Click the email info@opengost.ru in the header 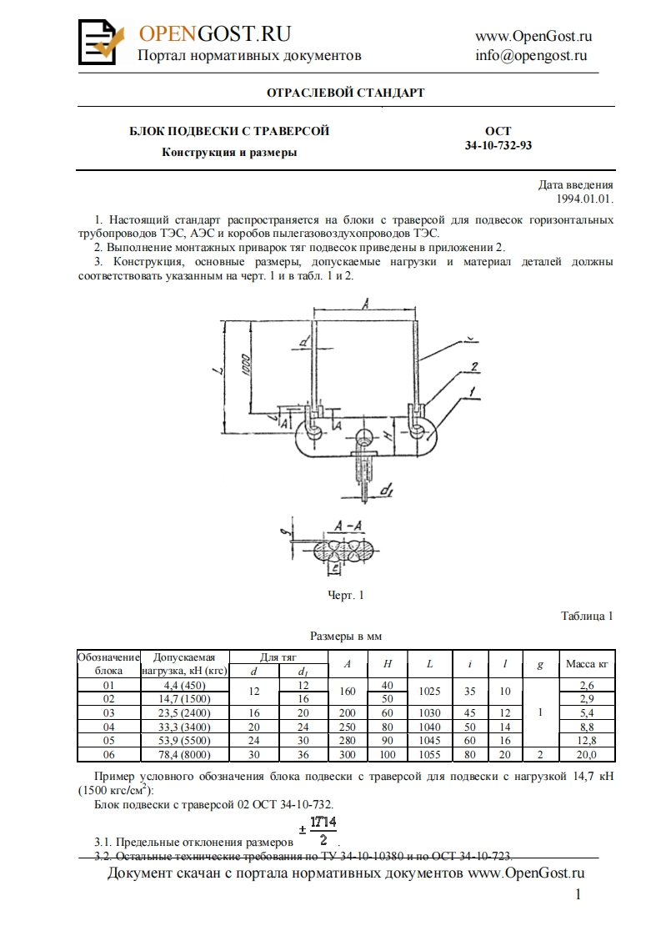coord(531,56)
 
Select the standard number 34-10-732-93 coord(498,144)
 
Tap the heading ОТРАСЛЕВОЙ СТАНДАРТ coord(345,93)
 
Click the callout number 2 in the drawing coord(473,367)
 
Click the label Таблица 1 coord(587,616)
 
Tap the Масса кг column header coord(587,664)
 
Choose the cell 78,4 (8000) coord(184,755)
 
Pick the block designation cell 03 coord(108,714)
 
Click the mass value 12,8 coord(587,742)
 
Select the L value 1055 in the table coord(429,755)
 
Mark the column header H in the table coord(388,664)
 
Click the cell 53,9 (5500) coord(184,742)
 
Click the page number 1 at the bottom coord(578,895)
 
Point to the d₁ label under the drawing coord(386,492)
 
